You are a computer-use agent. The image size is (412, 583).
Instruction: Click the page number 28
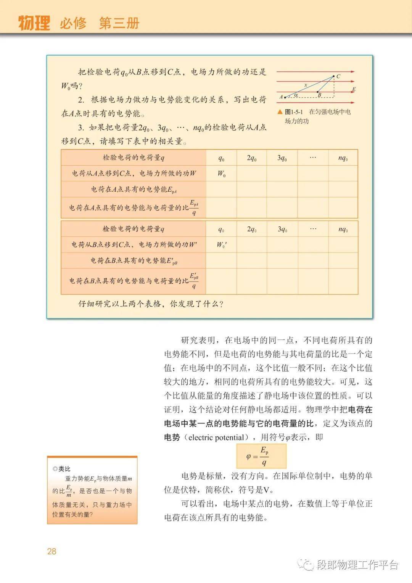(x=51, y=551)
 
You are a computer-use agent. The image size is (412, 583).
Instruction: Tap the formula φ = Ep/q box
(x=261, y=456)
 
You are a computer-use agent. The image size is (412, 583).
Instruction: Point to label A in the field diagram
(x=281, y=97)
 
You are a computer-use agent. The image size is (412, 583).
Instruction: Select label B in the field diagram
(x=319, y=95)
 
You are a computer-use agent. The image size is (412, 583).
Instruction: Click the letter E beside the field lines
(x=354, y=89)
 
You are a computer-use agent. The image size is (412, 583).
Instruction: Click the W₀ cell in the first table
(x=221, y=174)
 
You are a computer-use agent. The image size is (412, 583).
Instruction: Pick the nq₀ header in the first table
(x=343, y=158)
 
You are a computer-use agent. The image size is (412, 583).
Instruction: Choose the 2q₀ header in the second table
(x=251, y=229)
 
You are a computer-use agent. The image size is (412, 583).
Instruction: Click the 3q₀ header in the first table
(x=282, y=158)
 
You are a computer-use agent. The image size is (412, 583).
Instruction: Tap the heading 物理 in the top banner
(x=34, y=23)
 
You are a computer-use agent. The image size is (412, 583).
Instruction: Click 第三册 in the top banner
(x=119, y=23)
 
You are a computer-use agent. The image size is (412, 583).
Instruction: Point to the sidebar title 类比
(x=64, y=468)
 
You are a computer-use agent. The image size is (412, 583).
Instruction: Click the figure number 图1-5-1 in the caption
(x=294, y=112)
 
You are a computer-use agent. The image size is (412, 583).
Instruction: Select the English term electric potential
(x=216, y=438)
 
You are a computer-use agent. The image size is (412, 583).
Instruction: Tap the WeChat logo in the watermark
(x=306, y=564)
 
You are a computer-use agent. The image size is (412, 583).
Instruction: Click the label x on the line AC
(x=305, y=85)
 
